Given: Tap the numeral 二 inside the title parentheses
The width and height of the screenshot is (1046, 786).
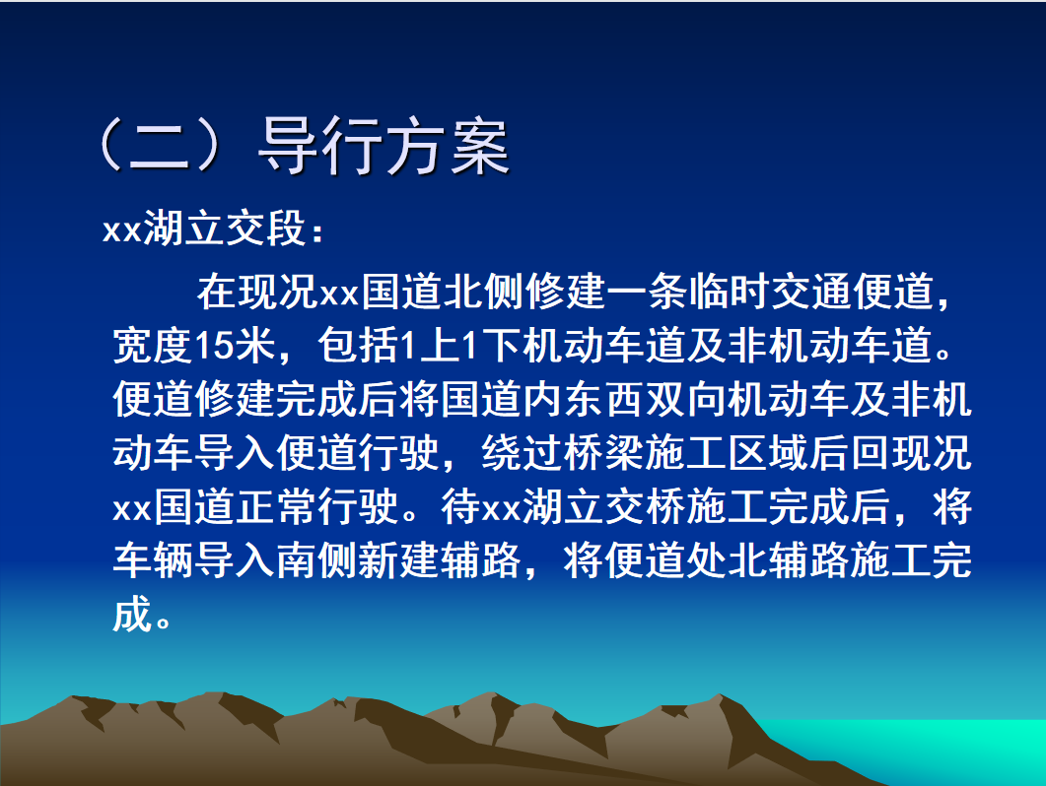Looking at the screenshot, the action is (x=160, y=148).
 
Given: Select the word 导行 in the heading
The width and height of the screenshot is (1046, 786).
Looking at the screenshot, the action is (x=320, y=148).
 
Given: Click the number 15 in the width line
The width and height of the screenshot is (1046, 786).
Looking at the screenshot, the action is (x=214, y=346).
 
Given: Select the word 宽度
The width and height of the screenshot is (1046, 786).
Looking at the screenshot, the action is (x=153, y=346).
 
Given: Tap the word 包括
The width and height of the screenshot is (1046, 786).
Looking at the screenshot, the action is (x=358, y=346).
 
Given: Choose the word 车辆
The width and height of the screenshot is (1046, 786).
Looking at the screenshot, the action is (x=153, y=560).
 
